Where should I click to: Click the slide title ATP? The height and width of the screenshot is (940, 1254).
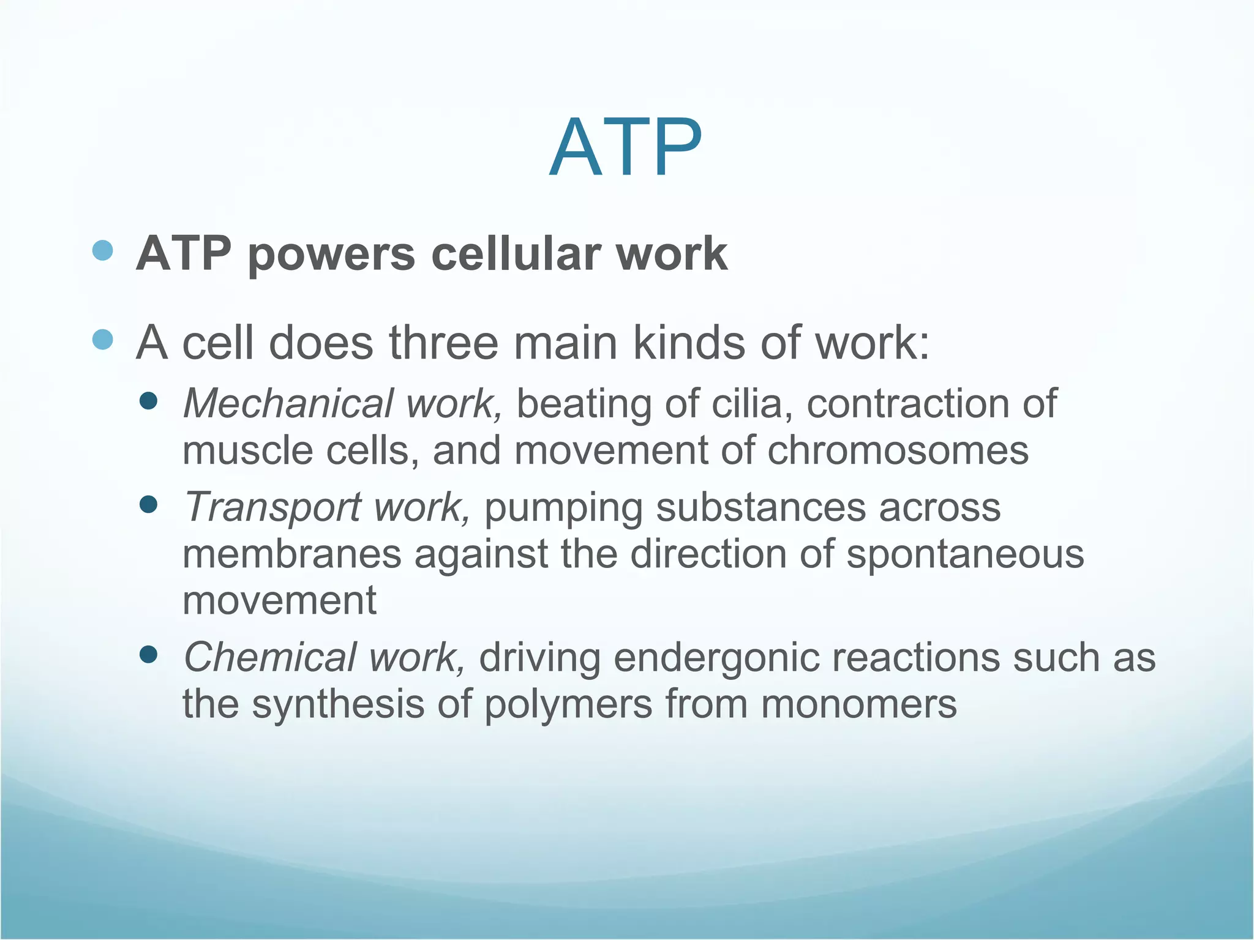(x=625, y=149)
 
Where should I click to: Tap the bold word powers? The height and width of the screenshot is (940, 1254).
(x=331, y=255)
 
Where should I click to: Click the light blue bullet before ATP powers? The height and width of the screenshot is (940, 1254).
(x=103, y=250)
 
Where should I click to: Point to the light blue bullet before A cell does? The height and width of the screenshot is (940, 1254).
(x=103, y=339)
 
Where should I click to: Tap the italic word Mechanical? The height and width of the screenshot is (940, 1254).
(x=288, y=404)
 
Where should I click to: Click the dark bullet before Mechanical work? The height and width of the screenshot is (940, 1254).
(x=149, y=401)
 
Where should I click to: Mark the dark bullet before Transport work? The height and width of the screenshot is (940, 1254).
(x=149, y=505)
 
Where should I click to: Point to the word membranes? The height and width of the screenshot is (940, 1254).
(x=291, y=554)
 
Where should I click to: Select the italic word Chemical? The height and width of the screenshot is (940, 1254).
(x=269, y=657)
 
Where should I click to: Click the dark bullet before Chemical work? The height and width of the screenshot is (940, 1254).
(x=149, y=655)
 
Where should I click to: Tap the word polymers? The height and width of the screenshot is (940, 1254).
(x=568, y=705)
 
